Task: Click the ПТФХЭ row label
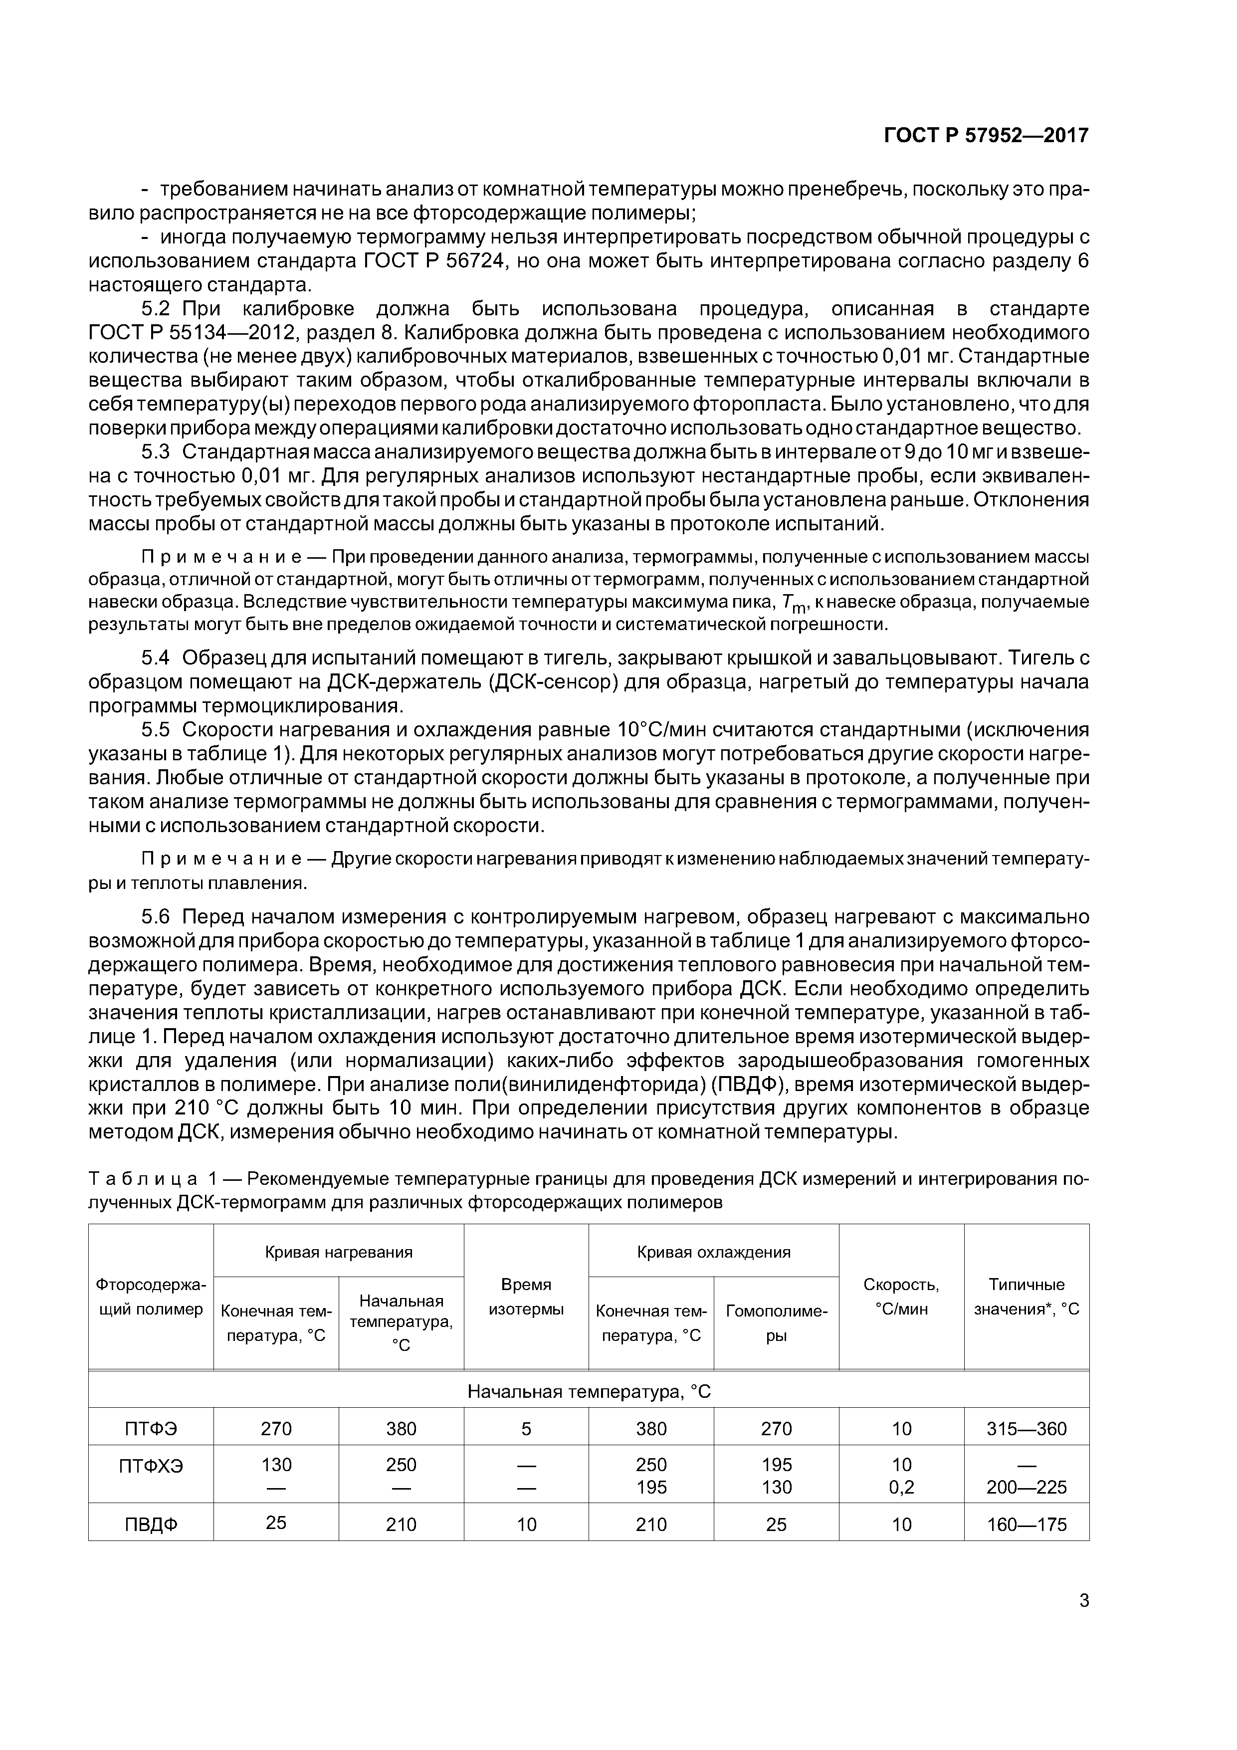click(x=151, y=1465)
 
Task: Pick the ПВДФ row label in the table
click(x=151, y=1525)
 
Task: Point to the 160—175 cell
click(x=1026, y=1525)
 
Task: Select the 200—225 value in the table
click(x=1026, y=1487)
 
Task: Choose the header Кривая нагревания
click(x=338, y=1252)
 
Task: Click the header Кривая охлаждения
click(x=713, y=1252)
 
